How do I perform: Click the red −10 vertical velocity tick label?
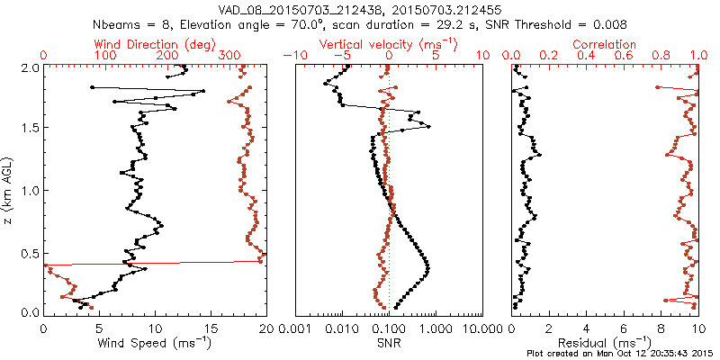pyautogui.click(x=293, y=56)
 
